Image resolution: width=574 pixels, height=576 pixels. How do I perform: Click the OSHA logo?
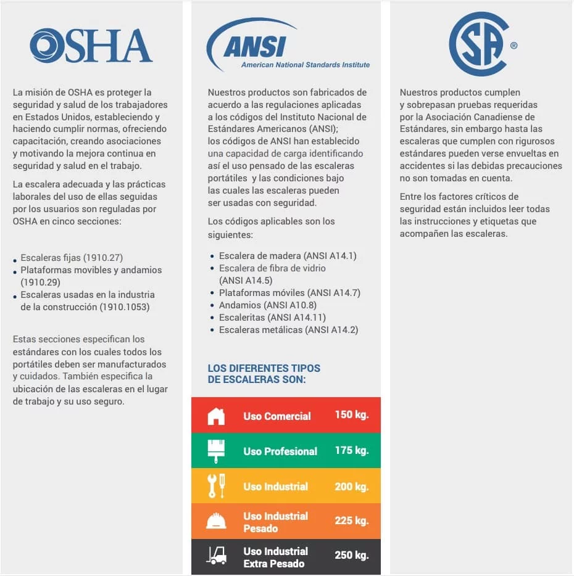[91, 46]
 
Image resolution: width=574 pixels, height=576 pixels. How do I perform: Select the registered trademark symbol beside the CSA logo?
[514, 46]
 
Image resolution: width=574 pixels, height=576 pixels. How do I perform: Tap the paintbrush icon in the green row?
[216, 451]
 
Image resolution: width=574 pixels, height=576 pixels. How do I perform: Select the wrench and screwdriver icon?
[216, 487]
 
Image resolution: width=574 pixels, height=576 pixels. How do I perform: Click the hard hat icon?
[216, 522]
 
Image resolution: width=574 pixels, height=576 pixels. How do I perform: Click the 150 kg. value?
[351, 415]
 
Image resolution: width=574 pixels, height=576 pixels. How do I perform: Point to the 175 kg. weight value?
[351, 450]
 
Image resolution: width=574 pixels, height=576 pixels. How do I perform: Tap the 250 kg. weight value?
[351, 556]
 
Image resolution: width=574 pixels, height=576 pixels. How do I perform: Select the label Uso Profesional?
[280, 451]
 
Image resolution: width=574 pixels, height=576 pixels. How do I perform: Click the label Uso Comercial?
[277, 416]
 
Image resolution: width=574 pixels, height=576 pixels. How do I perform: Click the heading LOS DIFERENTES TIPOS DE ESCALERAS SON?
[264, 374]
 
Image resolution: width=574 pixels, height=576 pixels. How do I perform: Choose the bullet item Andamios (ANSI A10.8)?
[267, 305]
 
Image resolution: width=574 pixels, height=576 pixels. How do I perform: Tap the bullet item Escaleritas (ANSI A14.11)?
[272, 318]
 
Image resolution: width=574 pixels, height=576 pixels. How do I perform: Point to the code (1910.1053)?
[125, 307]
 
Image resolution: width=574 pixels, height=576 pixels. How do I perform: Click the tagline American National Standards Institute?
[306, 65]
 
